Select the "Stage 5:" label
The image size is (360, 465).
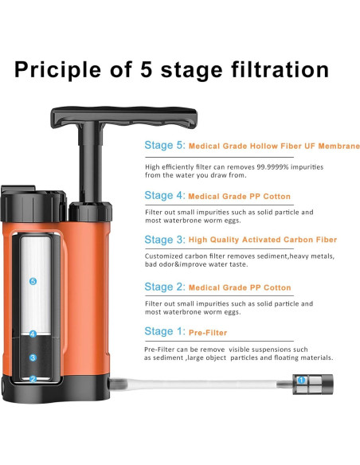(x=165, y=147)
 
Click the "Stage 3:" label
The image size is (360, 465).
(x=165, y=239)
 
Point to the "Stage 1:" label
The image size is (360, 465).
(x=165, y=331)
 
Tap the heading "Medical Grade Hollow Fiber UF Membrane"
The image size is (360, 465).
(x=276, y=147)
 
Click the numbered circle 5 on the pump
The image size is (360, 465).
(x=33, y=281)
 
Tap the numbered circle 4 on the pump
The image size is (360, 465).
(x=33, y=334)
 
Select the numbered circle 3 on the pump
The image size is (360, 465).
(x=33, y=358)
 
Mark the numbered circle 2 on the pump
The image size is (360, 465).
(x=33, y=379)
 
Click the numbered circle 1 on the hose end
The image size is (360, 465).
(x=301, y=381)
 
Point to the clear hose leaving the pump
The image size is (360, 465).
(x=199, y=383)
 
